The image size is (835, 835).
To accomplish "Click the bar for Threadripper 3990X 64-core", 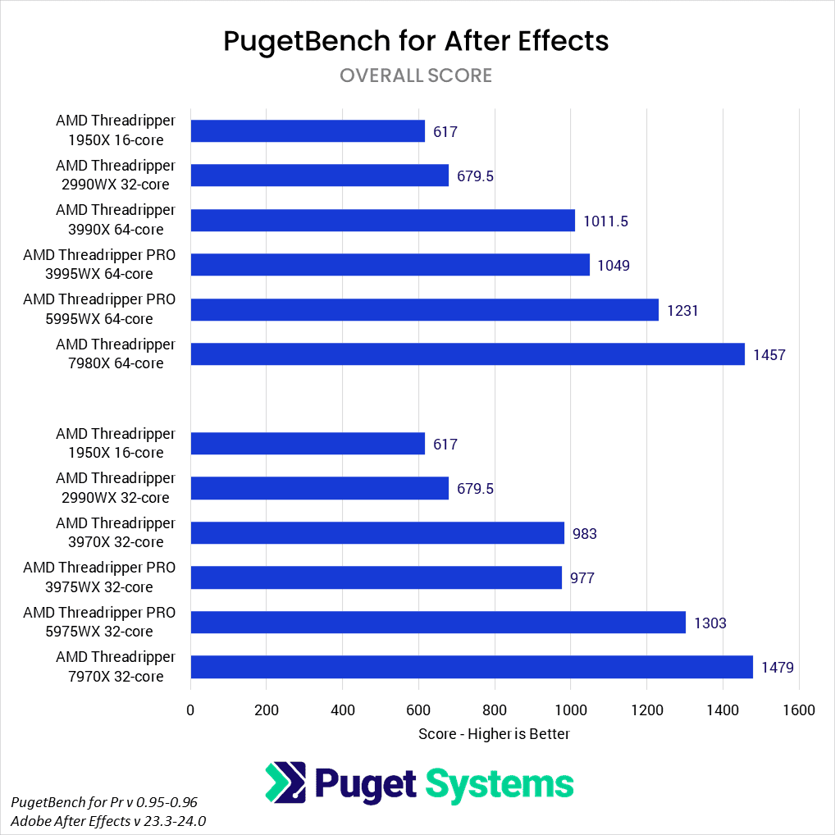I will (x=382, y=220).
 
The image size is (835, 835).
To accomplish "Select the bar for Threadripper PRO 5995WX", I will (x=424, y=309).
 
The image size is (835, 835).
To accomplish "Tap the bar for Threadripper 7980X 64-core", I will (x=468, y=354).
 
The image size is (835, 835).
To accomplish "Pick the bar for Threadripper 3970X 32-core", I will (x=377, y=533).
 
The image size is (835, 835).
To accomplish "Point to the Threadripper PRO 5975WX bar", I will (x=438, y=623).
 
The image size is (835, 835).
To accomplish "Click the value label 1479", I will (x=777, y=668).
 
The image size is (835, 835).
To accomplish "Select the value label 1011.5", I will (x=605, y=221).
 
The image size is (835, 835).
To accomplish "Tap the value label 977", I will (x=582, y=578).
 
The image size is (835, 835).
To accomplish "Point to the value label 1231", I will (x=682, y=310).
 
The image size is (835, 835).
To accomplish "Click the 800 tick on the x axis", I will (x=495, y=710).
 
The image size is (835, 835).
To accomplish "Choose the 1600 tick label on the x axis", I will (x=799, y=710).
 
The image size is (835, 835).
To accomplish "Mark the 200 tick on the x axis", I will (x=267, y=710).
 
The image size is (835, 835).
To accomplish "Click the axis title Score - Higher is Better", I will (x=494, y=733).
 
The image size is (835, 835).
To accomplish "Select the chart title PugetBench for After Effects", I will (x=417, y=41).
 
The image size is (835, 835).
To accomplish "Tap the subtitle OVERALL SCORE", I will (x=416, y=75).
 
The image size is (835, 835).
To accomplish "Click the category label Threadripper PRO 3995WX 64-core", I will (x=99, y=264).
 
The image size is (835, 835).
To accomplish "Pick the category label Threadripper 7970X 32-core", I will (x=115, y=667).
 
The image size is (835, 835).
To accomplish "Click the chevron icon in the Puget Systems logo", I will (x=285, y=783).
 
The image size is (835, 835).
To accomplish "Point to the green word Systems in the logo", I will (x=500, y=784).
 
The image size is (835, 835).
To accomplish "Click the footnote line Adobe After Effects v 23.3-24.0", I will (x=108, y=820).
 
